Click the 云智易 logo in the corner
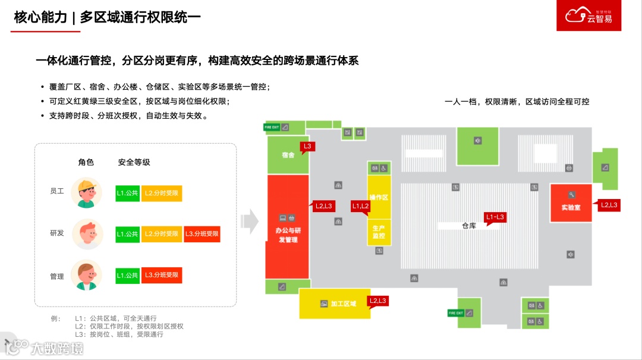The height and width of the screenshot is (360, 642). (x=593, y=15)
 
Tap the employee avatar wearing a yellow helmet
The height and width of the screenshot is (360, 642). (x=86, y=192)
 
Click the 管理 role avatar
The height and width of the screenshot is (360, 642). (x=86, y=276)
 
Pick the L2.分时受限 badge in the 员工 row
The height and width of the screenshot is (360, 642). (x=161, y=193)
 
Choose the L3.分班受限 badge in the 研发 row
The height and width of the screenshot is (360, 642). (x=202, y=234)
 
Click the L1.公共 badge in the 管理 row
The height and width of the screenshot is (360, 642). (x=127, y=276)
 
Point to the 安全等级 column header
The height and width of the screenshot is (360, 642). (x=134, y=162)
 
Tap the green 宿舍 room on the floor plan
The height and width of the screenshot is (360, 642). (x=288, y=155)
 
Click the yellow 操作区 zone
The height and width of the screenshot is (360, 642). (x=379, y=197)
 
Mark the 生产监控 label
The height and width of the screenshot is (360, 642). (x=379, y=232)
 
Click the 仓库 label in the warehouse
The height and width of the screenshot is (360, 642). (x=469, y=226)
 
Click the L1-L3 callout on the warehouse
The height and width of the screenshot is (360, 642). (x=495, y=217)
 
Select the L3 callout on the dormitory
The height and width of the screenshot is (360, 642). (x=308, y=146)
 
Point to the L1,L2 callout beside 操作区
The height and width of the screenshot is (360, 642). (x=360, y=206)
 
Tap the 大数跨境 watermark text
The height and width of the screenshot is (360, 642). (x=56, y=347)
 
